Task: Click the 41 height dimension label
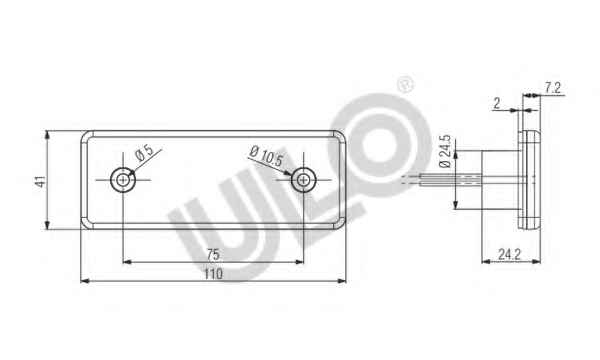(40, 181)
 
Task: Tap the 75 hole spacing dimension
(213, 254)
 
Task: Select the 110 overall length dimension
(213, 274)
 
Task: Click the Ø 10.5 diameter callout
(266, 156)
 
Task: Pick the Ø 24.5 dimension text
(445, 151)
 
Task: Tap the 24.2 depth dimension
(509, 254)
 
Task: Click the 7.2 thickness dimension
(553, 88)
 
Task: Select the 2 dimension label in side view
(497, 103)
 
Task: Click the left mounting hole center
(123, 179)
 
